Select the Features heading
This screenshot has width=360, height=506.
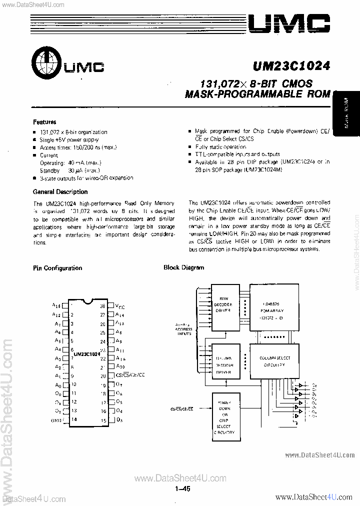[x=44, y=122]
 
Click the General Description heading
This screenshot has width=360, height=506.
[x=60, y=192]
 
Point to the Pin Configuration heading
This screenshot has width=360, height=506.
[x=57, y=268]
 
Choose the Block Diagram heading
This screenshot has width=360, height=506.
[x=183, y=267]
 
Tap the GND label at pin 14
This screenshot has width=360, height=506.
[x=57, y=420]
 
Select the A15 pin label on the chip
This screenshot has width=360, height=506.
[x=56, y=305]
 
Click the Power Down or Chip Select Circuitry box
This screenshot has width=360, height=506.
[x=224, y=416]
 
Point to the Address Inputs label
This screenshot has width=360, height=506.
[x=183, y=330]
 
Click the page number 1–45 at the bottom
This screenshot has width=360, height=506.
[x=183, y=489]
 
